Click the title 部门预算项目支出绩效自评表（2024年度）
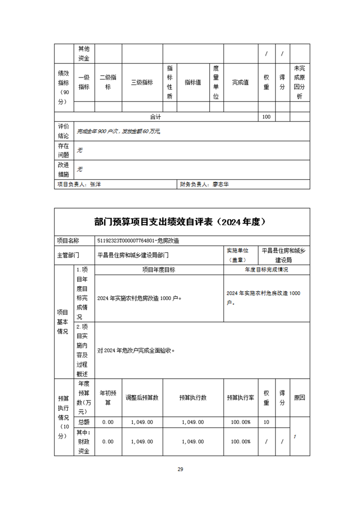click(180, 222)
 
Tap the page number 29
click(180, 469)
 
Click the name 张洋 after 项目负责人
click(95, 185)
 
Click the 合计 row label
click(156, 117)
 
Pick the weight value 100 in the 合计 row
click(266, 117)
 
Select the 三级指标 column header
click(142, 83)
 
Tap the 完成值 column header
click(241, 83)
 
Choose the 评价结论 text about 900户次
click(119, 132)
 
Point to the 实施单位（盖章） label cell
click(241, 255)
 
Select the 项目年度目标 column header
click(159, 270)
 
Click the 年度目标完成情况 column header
click(266, 270)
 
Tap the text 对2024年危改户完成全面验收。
click(136, 351)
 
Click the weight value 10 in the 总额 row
click(266, 422)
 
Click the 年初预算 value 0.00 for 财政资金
click(108, 441)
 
